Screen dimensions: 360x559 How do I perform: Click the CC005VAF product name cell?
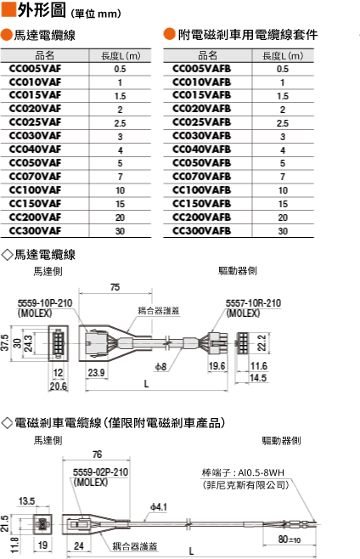(35, 69)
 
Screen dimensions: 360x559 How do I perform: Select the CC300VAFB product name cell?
(202, 231)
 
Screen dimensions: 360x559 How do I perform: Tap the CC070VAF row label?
(35, 177)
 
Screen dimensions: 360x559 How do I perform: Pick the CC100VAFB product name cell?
(202, 190)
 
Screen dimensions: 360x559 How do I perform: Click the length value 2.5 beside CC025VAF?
(120, 123)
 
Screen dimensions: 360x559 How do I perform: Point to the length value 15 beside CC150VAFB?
(283, 204)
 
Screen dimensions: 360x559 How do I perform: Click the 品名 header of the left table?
(44, 55)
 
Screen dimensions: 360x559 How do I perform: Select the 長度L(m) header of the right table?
(283, 55)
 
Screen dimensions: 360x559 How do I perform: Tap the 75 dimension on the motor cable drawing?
(115, 287)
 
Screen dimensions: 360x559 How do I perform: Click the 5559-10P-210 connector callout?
(45, 303)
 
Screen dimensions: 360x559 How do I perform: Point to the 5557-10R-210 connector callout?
(253, 303)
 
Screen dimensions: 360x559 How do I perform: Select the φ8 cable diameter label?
(160, 366)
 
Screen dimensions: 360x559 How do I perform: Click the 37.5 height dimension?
(4, 342)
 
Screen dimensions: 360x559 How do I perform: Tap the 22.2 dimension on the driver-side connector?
(262, 342)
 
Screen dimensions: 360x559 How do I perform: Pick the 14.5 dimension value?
(258, 378)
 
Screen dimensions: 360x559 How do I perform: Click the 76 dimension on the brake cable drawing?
(97, 455)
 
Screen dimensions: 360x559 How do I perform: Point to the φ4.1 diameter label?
(159, 506)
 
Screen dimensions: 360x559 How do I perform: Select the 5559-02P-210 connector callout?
(100, 472)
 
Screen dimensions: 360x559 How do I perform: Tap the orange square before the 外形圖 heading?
(8, 9)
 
